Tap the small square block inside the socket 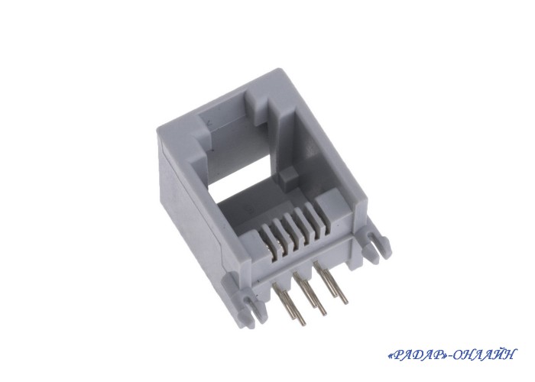[287, 179]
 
